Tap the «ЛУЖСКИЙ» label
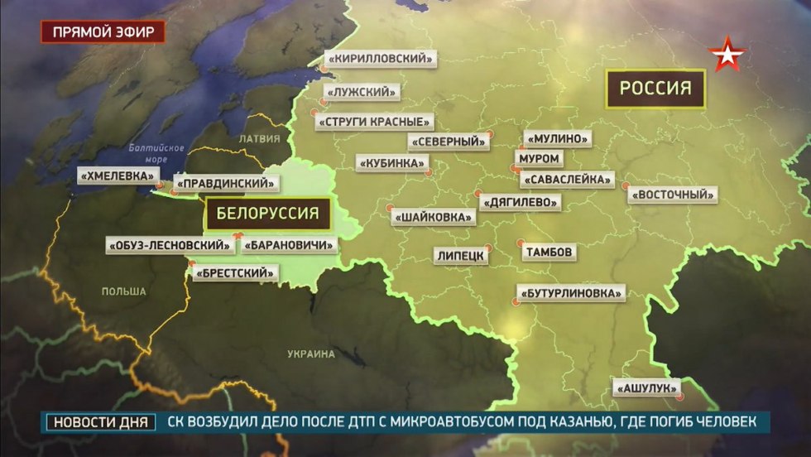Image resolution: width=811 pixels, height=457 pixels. coord(362,92)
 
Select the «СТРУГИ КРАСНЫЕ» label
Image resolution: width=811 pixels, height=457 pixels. coord(375,122)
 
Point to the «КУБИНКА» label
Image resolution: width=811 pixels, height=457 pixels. coord(390,163)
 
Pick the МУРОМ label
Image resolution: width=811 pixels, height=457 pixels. coord(538,158)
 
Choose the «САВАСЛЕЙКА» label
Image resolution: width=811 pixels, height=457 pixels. coord(569,179)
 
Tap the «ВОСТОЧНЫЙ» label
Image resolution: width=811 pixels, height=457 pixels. coord(672,195)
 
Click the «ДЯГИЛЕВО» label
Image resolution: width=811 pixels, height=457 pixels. coord(520,201)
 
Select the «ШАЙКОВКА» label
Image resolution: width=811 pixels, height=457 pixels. coord(434,218)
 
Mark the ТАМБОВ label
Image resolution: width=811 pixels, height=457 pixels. coord(548,252)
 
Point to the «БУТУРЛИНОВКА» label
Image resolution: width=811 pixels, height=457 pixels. coord(570,293)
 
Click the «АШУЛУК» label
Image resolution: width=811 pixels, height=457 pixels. coord(647,387)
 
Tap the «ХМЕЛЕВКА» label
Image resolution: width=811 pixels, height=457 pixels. coord(118,176)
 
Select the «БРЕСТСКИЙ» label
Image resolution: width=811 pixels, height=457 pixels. coord(235,272)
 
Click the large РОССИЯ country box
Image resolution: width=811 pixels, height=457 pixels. coord(656,89)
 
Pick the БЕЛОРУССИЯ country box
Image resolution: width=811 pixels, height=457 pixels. coord(267,214)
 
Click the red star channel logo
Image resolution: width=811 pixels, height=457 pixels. coord(728,55)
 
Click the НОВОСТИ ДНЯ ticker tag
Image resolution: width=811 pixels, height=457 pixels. coord(100,422)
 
